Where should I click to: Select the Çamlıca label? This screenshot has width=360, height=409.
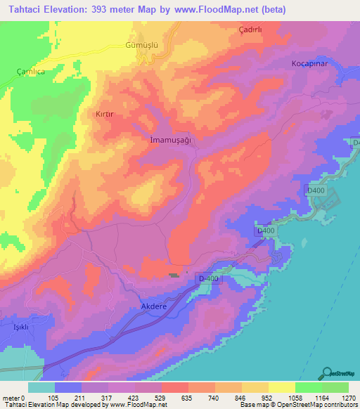(x=30, y=72)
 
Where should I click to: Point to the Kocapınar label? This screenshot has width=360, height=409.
(x=310, y=63)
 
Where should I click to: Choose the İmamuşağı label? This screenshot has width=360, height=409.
(x=171, y=139)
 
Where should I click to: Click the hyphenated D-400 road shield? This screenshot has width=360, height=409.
(x=207, y=278)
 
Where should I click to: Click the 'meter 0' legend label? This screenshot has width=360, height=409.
(x=14, y=398)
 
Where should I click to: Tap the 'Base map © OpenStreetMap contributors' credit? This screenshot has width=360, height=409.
(x=300, y=405)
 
